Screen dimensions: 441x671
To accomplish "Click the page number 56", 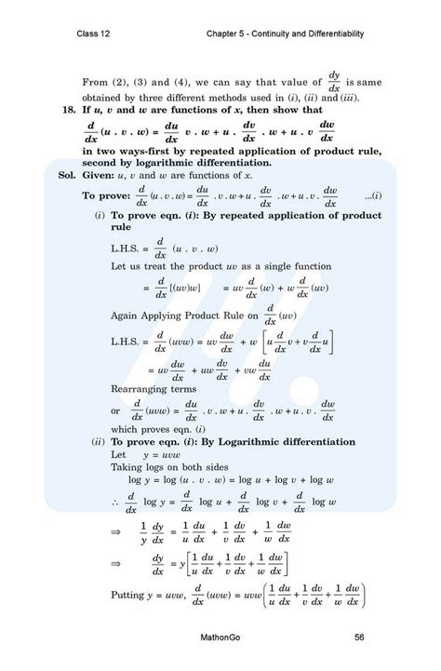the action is (x=358, y=637).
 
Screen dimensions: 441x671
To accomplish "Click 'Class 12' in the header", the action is (x=95, y=34).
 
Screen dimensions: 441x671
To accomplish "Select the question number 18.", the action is (x=65, y=110).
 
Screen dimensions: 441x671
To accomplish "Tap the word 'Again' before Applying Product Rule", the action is (x=126, y=315).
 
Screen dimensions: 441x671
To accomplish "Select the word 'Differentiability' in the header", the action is (x=334, y=34).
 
